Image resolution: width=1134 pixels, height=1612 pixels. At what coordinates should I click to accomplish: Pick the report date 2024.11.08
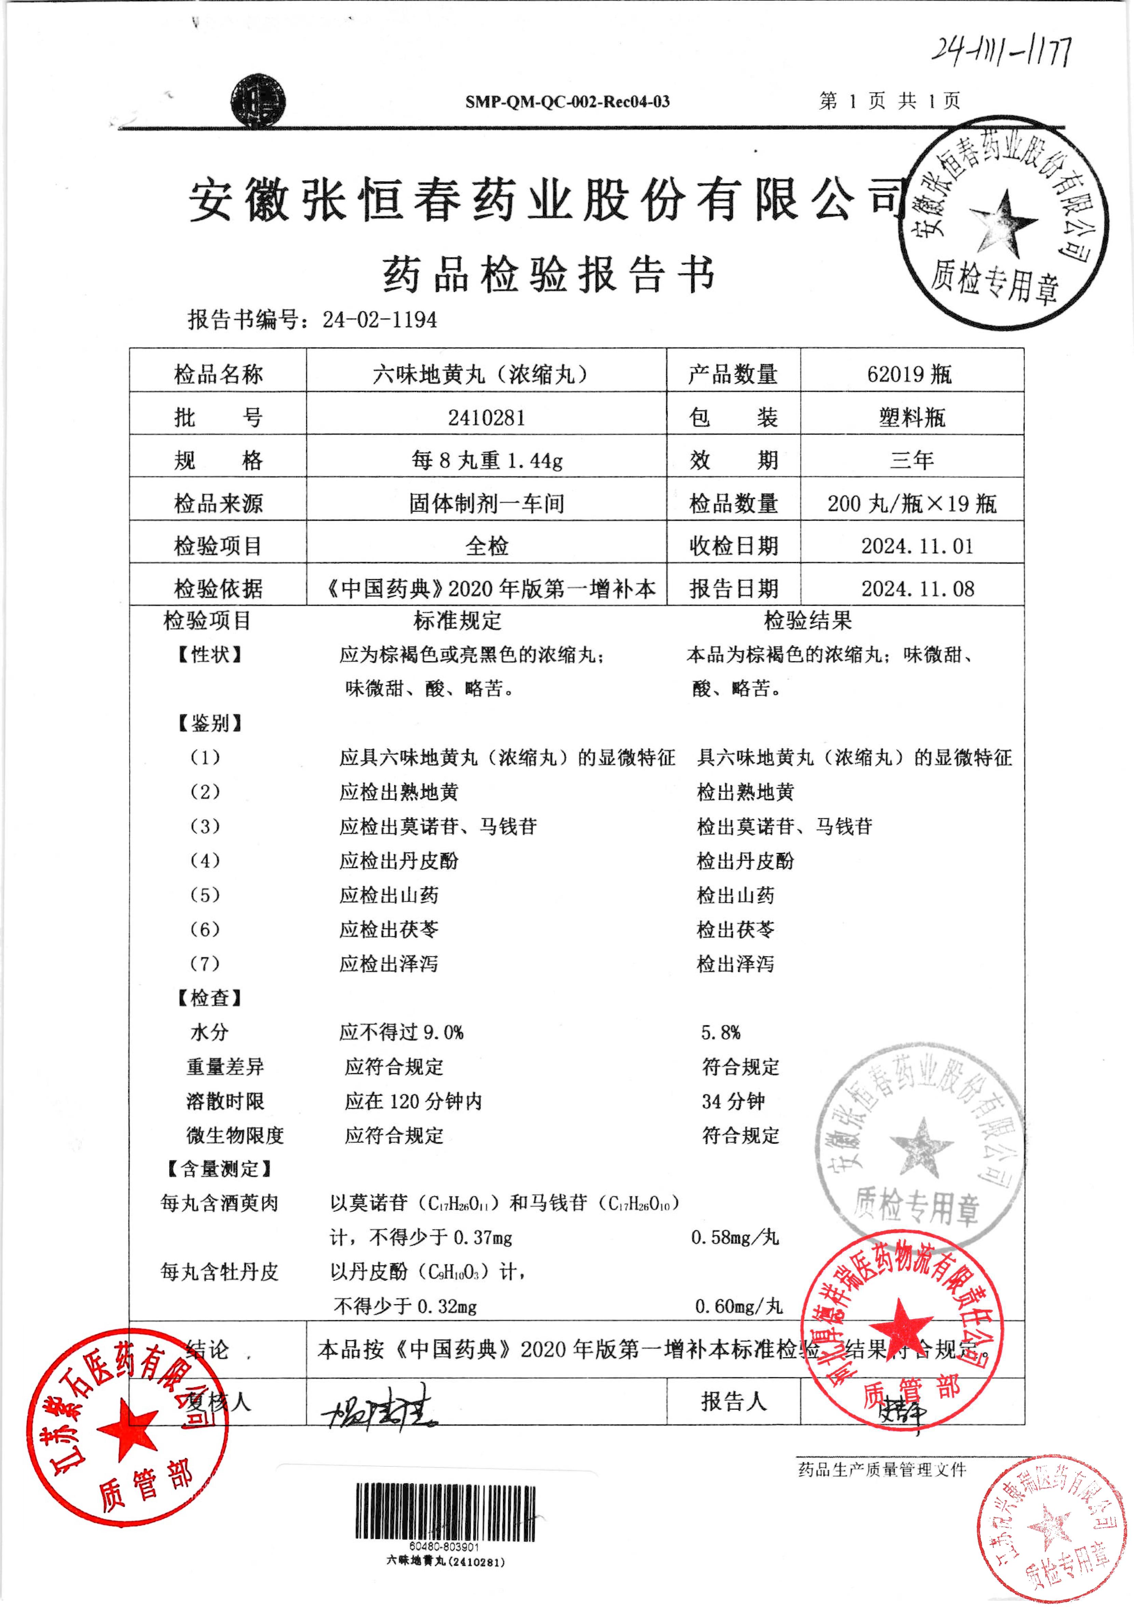pyautogui.click(x=918, y=588)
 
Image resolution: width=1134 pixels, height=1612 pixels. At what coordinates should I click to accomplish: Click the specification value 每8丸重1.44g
pyautogui.click(x=487, y=460)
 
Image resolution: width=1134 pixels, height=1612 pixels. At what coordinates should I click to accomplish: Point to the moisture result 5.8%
pyautogui.click(x=721, y=1032)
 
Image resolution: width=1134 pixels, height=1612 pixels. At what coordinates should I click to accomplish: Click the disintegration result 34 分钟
pyautogui.click(x=733, y=1101)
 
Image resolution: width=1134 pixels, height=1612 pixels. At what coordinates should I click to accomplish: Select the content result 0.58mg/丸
pyautogui.click(x=735, y=1238)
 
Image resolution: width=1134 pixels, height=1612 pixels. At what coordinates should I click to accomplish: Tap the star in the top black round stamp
pyautogui.click(x=1002, y=222)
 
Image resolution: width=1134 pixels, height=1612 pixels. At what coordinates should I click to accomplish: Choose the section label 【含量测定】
pyautogui.click(x=219, y=1169)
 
